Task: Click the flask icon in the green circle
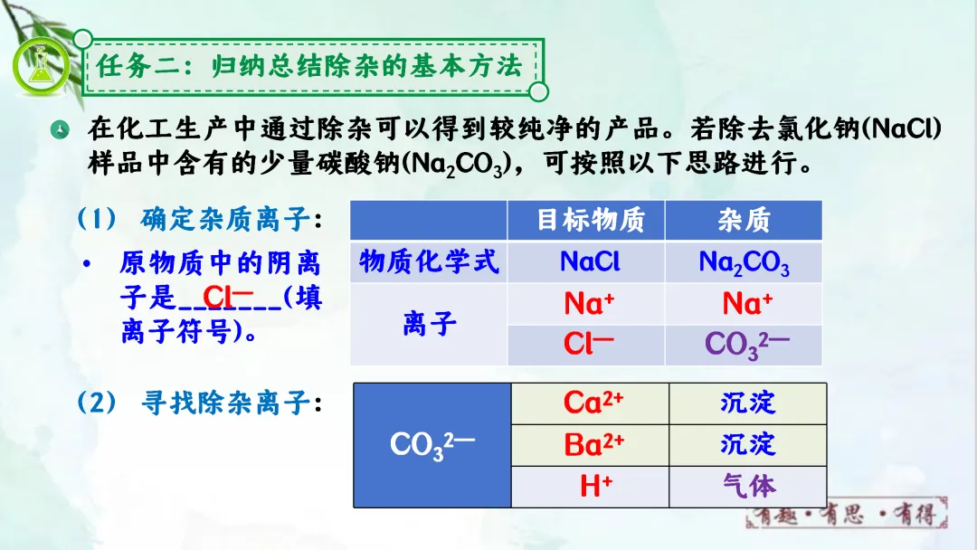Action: (x=41, y=65)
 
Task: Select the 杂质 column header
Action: (x=744, y=220)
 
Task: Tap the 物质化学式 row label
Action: (x=429, y=261)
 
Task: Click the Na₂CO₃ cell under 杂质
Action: (x=744, y=262)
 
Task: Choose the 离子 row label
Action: (x=429, y=325)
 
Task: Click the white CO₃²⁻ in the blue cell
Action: (x=432, y=445)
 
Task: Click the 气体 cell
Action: (x=748, y=487)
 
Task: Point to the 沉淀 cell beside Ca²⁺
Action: (x=748, y=403)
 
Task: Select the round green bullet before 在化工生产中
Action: (x=60, y=129)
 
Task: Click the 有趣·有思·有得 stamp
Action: (x=847, y=514)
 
